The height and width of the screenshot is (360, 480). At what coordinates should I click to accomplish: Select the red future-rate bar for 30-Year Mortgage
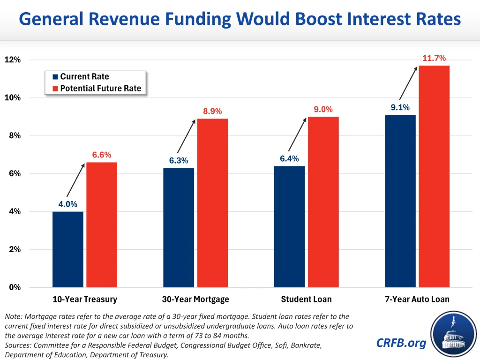coord(212,202)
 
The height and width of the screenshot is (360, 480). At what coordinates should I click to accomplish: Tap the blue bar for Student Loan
coord(289,226)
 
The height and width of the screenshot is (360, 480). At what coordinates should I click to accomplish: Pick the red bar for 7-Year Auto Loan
coord(434,176)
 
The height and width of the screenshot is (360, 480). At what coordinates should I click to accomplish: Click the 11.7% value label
coord(434,58)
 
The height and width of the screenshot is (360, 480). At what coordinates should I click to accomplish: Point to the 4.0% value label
coord(67,204)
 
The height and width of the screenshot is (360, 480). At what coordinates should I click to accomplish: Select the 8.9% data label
coord(212,112)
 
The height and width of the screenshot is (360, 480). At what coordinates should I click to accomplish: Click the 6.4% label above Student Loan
coord(289,159)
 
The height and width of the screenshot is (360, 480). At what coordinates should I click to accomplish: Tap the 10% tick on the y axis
coord(13,98)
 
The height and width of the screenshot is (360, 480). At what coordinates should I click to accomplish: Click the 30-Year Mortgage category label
coord(195,300)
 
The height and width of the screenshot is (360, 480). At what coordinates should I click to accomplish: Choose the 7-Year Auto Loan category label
coord(417,300)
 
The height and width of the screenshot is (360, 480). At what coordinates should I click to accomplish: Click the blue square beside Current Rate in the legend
coord(55,77)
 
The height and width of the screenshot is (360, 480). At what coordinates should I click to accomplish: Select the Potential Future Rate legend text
coord(100,89)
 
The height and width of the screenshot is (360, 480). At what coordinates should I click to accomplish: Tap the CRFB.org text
coord(401,343)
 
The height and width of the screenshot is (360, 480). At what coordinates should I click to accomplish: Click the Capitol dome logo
coord(453,333)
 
